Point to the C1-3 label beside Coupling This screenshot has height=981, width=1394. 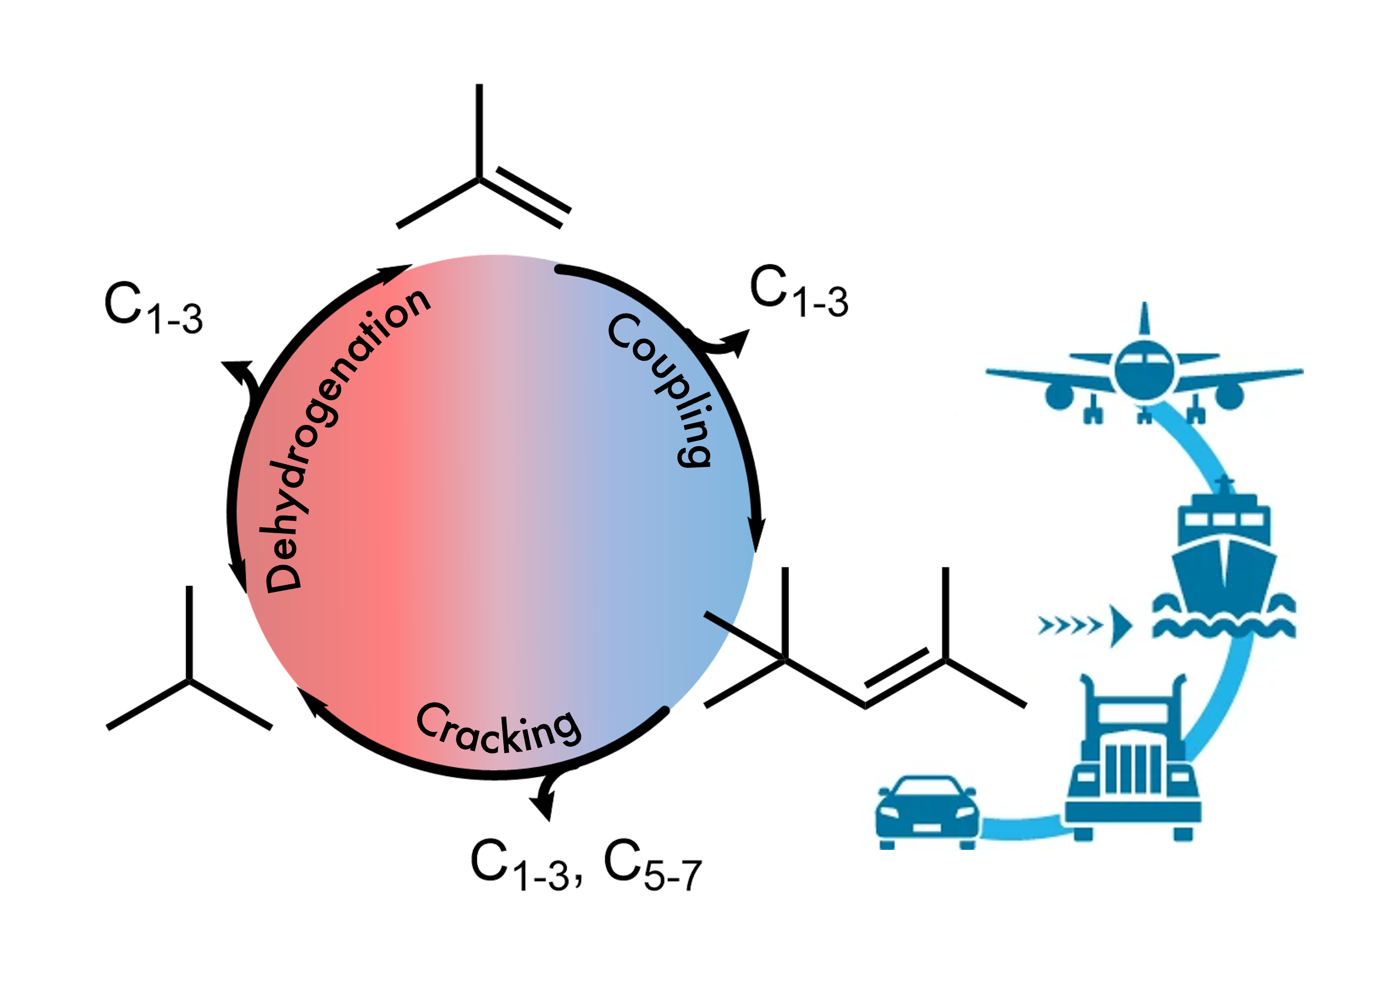(799, 292)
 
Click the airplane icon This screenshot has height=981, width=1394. (1144, 371)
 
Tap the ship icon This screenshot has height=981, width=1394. (1224, 559)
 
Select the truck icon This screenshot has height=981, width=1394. (1133, 765)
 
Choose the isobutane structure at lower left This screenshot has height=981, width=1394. (190, 674)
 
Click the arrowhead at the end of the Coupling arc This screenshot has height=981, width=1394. (757, 534)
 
